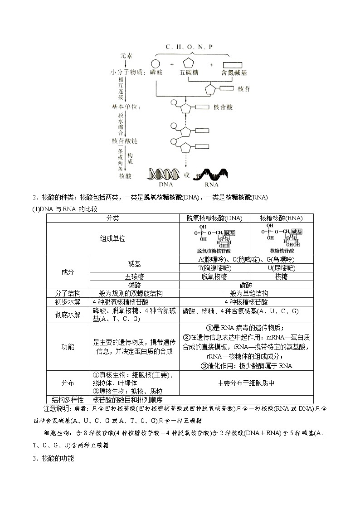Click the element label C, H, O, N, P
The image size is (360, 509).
point(189,47)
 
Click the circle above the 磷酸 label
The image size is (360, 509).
point(156,64)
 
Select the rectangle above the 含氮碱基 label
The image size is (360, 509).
point(232,64)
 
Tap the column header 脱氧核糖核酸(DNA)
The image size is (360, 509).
point(214,218)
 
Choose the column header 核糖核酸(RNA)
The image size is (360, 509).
point(281,218)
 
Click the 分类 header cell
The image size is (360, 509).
point(112,218)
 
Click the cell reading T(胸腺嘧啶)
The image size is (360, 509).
point(214,268)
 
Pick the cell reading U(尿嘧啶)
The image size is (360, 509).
point(281,268)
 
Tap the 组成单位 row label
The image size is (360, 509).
point(112,238)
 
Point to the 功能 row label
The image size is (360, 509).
point(68,347)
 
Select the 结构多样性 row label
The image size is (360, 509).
point(68,400)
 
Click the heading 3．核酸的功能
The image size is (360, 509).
point(53,458)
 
